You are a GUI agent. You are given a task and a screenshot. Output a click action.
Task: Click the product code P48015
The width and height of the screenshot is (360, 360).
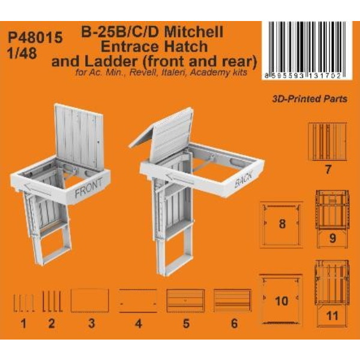35,37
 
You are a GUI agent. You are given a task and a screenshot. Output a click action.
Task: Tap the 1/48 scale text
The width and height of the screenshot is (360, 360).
22,53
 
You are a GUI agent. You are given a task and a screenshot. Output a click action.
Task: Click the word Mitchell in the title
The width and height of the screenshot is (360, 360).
194,32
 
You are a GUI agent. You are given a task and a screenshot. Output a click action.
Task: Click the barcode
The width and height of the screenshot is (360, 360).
307,50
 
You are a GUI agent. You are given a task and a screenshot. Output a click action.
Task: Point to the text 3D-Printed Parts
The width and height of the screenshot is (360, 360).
310,99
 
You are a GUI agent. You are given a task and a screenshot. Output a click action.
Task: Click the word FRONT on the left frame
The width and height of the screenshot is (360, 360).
89,187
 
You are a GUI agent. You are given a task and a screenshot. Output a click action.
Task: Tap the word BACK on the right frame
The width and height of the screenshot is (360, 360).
244,179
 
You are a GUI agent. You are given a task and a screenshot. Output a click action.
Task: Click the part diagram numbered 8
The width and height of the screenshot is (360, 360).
281,224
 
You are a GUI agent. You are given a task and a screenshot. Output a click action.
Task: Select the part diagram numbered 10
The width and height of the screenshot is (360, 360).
281,299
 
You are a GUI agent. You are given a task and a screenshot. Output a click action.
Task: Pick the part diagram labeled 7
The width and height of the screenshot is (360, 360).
328,142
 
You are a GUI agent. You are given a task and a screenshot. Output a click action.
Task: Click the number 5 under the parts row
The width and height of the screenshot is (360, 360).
186,323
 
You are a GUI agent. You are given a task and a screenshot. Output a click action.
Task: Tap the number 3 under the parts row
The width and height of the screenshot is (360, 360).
92,323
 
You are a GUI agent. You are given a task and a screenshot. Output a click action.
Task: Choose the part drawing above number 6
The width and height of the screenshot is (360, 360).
233,301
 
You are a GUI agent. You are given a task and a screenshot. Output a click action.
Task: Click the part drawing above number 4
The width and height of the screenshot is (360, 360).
138,301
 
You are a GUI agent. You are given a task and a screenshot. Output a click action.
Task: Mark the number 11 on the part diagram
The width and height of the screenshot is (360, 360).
332,316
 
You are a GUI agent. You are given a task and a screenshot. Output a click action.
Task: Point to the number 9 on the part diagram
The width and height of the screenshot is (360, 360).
332,238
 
